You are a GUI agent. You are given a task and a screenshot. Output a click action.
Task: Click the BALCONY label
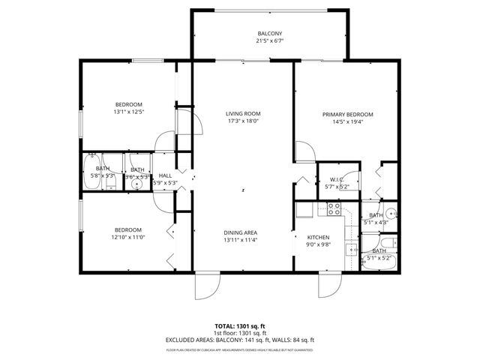270,34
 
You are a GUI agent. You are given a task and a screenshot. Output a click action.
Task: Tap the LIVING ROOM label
243,114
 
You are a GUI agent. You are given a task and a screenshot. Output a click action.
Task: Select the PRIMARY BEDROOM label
347,115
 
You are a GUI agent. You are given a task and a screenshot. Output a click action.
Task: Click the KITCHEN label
318,237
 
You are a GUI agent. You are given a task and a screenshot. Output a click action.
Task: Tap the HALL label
165,175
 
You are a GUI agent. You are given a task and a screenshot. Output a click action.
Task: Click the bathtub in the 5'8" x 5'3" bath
91,169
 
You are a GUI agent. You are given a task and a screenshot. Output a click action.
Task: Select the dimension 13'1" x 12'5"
128,112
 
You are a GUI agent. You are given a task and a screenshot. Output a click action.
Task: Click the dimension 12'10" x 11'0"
128,237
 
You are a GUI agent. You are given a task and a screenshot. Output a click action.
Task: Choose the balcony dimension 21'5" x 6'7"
270,40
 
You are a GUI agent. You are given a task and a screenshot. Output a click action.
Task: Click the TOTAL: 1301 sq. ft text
240,326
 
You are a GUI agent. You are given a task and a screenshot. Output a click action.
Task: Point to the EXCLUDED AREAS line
240,340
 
